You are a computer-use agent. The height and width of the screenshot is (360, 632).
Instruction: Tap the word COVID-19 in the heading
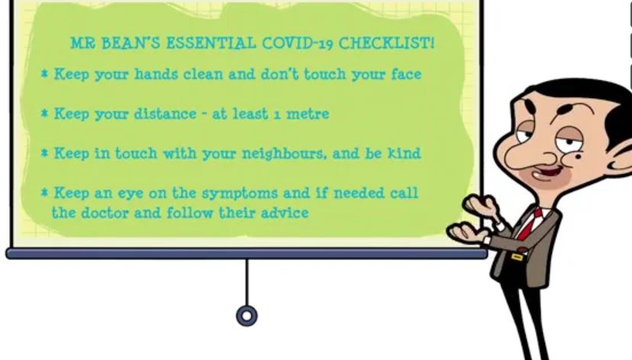(x=298, y=43)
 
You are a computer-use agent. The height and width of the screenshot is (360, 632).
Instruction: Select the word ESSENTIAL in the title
(x=211, y=43)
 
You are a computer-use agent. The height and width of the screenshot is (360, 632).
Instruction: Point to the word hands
(x=156, y=74)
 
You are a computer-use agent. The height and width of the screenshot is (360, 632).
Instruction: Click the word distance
(x=166, y=114)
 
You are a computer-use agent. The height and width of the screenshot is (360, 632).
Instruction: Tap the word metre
(x=308, y=114)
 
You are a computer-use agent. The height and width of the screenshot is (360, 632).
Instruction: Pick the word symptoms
(x=240, y=193)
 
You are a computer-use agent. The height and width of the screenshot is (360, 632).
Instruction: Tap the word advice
(x=285, y=213)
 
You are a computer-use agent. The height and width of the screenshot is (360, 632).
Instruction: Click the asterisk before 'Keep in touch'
(x=45, y=153)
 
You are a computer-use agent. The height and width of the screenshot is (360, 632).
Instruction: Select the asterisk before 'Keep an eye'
(x=45, y=192)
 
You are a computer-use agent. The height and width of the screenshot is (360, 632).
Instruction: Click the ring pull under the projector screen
(x=247, y=316)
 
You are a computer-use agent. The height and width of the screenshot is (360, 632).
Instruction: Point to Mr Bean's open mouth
(x=547, y=174)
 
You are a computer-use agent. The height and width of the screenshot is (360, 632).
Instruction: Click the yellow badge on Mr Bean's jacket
(x=516, y=256)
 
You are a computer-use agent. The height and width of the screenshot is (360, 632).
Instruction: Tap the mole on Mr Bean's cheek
(x=578, y=156)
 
